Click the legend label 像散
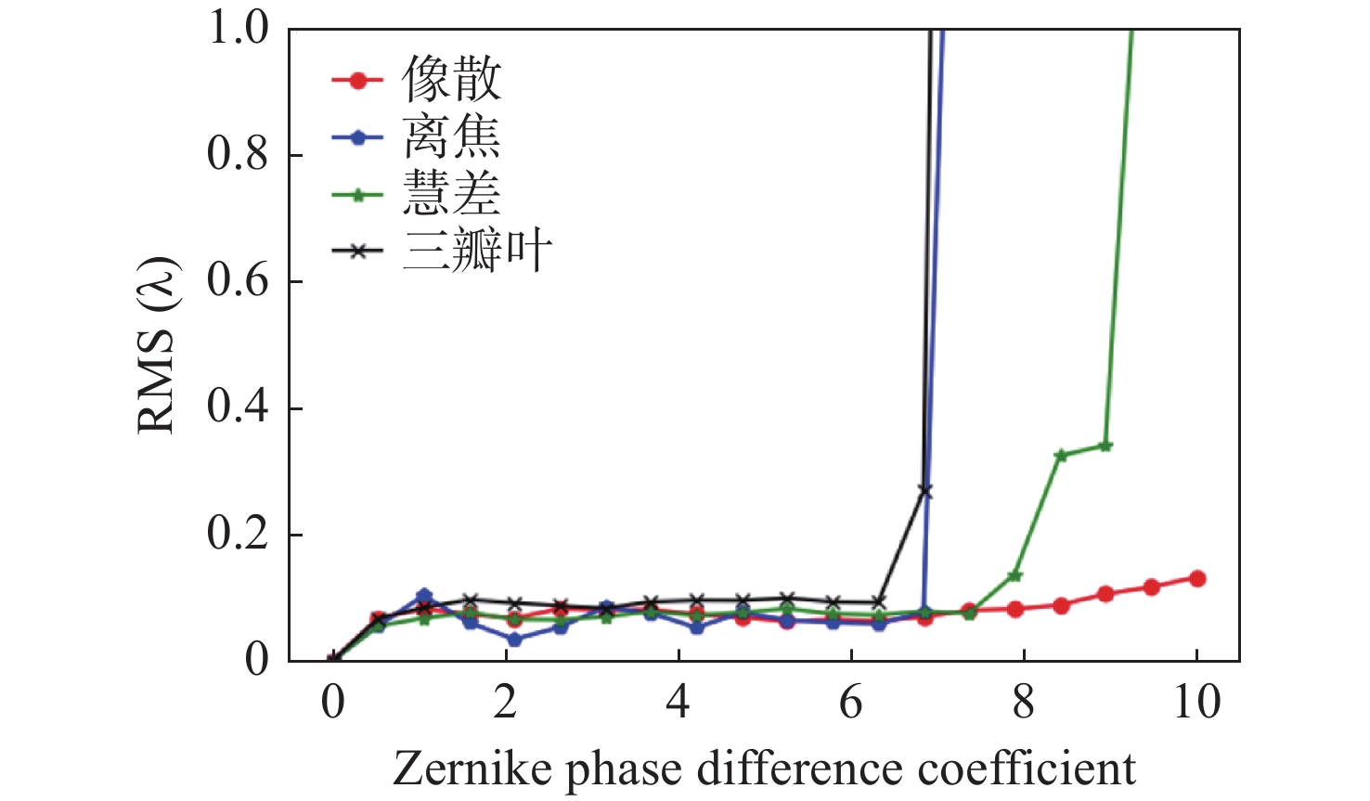[452, 80]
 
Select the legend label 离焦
[452, 137]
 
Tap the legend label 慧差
[452, 194]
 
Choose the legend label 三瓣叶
[477, 251]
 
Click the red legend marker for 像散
[356, 81]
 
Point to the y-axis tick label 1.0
[238, 29]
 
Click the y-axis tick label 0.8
[238, 155]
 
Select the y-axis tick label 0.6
[238, 281]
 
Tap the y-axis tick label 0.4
[238, 408]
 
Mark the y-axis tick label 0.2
[238, 535]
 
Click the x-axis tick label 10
[1196, 703]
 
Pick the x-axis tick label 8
[1024, 703]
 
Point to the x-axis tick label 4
[679, 703]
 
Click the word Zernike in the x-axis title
[472, 769]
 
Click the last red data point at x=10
[1196, 578]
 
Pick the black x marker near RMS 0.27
[924, 491]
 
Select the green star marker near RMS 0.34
[1105, 446]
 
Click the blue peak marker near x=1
[424, 597]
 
